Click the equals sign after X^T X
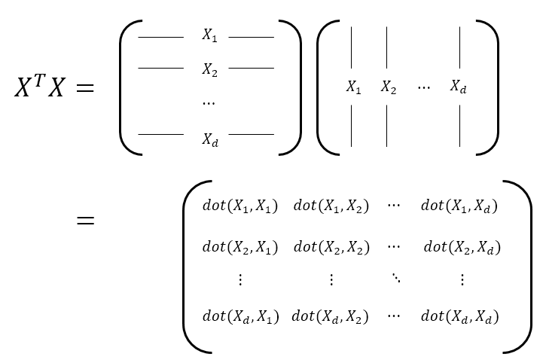pos(85,88)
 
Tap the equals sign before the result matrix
pos(85,221)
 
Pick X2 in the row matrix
pos(209,69)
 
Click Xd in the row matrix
pos(209,139)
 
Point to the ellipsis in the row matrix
pos(209,103)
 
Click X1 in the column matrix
pos(353,87)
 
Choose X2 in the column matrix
pos(388,87)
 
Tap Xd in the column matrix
pos(458,87)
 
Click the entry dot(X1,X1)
pos(240,206)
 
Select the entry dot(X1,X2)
pos(331,206)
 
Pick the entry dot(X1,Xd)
pos(459,206)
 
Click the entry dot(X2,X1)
pos(240,247)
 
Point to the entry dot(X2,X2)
pos(331,247)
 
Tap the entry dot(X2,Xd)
pos(462,247)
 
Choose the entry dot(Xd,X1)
pos(240,317)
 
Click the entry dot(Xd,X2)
pos(330,317)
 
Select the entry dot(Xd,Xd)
pos(459,317)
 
